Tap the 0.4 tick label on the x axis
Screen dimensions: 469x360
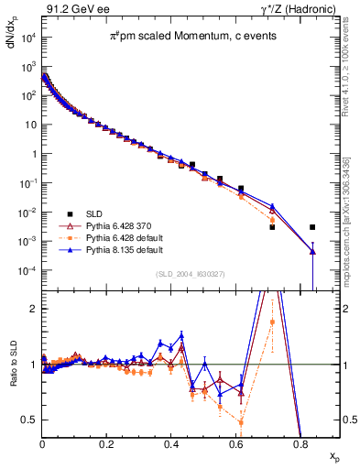pyautogui.click(x=171, y=443)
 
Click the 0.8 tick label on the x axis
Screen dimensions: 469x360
pyautogui.click(x=300, y=443)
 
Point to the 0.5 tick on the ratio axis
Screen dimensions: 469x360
pyautogui.click(x=30, y=420)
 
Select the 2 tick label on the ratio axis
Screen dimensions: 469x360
pyautogui.click(x=34, y=309)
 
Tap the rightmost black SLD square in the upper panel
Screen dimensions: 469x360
pyautogui.click(x=312, y=227)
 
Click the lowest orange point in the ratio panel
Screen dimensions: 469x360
pyautogui.click(x=240, y=422)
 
